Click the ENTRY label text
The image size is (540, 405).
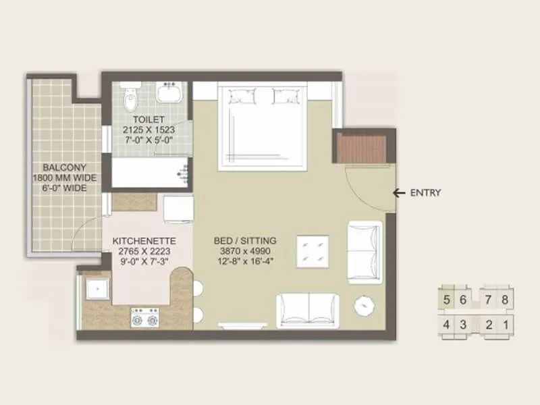click(425, 193)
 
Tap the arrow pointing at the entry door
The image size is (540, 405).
click(400, 193)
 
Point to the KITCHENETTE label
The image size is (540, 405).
click(144, 241)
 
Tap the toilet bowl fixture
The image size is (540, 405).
click(131, 97)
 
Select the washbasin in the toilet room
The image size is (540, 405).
click(169, 92)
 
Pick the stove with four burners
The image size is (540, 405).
click(144, 317)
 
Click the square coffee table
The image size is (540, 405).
click(313, 252)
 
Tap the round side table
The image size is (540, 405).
click(366, 306)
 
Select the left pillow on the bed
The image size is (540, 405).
click(242, 97)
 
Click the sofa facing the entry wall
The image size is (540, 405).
click(364, 252)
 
